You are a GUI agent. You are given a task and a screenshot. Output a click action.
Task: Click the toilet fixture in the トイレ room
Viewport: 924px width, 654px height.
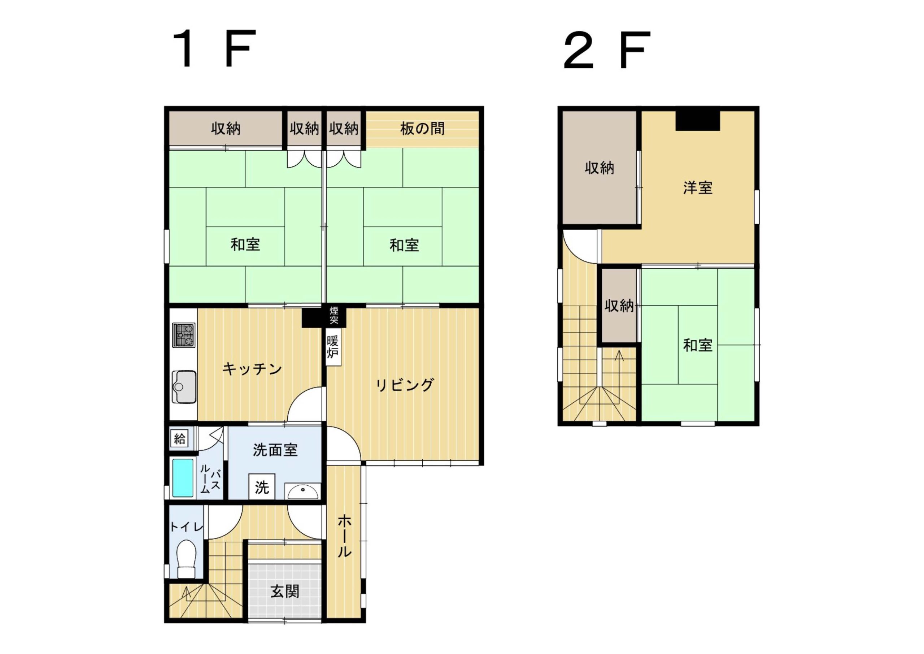pos(186,559)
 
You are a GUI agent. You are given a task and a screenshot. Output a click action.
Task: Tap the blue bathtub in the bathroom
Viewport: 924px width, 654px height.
pos(183,478)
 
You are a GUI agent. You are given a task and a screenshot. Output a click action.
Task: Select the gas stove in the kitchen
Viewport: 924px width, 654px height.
pos(184,335)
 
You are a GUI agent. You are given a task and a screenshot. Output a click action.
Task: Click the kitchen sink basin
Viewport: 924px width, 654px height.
pos(184,387)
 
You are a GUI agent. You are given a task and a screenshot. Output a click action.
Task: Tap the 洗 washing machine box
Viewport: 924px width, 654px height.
pos(262,487)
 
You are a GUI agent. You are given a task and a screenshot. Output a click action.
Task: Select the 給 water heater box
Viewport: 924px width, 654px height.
pos(179,438)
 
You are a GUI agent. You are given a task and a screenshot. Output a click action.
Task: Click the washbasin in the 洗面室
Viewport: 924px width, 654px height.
pos(302,491)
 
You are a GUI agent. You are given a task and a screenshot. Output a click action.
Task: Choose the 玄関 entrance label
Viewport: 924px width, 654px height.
pos(285,592)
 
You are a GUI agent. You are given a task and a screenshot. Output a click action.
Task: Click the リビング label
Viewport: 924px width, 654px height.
pos(405,385)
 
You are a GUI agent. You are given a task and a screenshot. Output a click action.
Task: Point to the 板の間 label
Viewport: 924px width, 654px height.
pos(422,129)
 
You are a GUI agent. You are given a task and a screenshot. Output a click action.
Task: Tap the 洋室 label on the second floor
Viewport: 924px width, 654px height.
pos(698,188)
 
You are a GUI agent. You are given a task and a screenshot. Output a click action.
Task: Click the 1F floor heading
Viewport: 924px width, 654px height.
pos(214,49)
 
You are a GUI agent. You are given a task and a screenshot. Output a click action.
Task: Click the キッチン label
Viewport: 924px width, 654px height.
pos(252,368)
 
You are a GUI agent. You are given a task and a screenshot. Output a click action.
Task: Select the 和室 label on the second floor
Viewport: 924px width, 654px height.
pos(698,345)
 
